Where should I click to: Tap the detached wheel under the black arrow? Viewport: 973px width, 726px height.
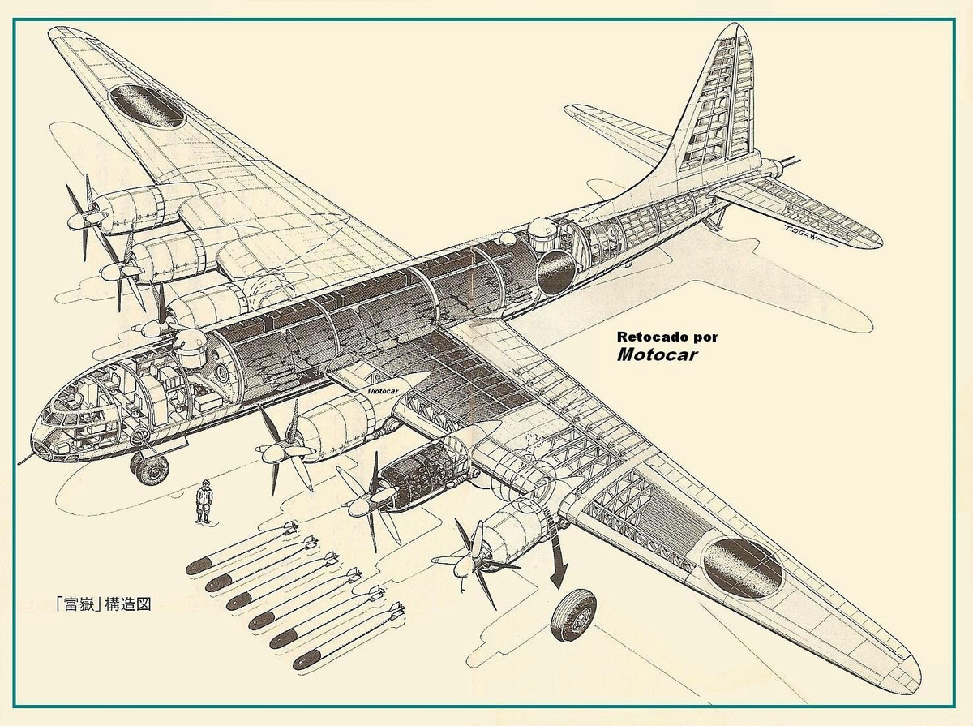pos(573,614)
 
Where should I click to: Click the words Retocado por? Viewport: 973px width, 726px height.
pos(667,336)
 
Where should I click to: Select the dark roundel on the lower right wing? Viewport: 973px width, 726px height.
pos(742,566)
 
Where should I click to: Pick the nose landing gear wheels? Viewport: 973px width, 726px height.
pos(151,468)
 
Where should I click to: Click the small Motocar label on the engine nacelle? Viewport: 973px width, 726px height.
pos(385,390)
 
